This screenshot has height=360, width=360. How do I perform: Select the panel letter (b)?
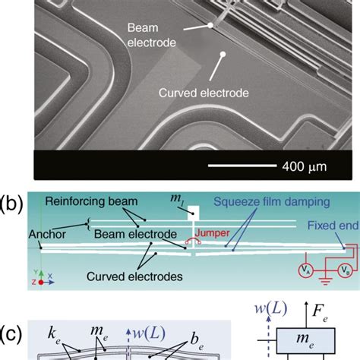pos(14,204)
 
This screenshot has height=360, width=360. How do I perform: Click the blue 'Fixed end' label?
pos(322,225)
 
